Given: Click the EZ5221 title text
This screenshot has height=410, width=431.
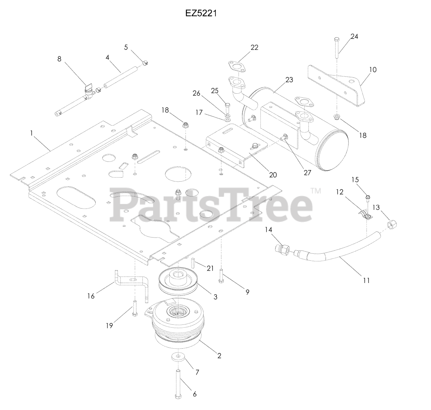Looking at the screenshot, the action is coord(201,13).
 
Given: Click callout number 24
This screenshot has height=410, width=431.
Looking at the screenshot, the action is coord(354,37).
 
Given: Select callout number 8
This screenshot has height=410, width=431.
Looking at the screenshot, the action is coord(59,59).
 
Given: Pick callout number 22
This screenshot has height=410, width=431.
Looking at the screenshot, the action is coord(254,48).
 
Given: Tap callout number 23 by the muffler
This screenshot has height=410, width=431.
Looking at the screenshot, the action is coord(289,80).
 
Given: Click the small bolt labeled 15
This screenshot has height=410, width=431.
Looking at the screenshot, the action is coord(368,197).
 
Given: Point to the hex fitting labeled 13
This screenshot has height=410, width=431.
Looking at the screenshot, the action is coord(392,223).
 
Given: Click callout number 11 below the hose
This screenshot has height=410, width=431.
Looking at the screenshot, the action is coord(366,280).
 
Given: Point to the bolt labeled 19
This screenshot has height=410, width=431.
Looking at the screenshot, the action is coord(135,308).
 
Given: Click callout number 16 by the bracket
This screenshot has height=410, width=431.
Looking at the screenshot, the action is coord(91,296).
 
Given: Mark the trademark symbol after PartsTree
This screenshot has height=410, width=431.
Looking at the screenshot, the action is coord(316,191).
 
